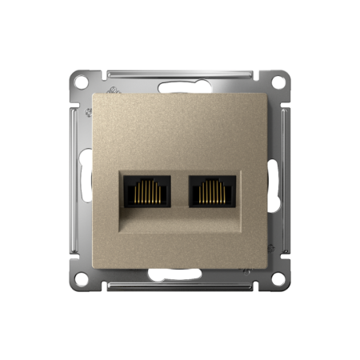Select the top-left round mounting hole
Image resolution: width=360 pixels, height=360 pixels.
pyautogui.click(x=82, y=82)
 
